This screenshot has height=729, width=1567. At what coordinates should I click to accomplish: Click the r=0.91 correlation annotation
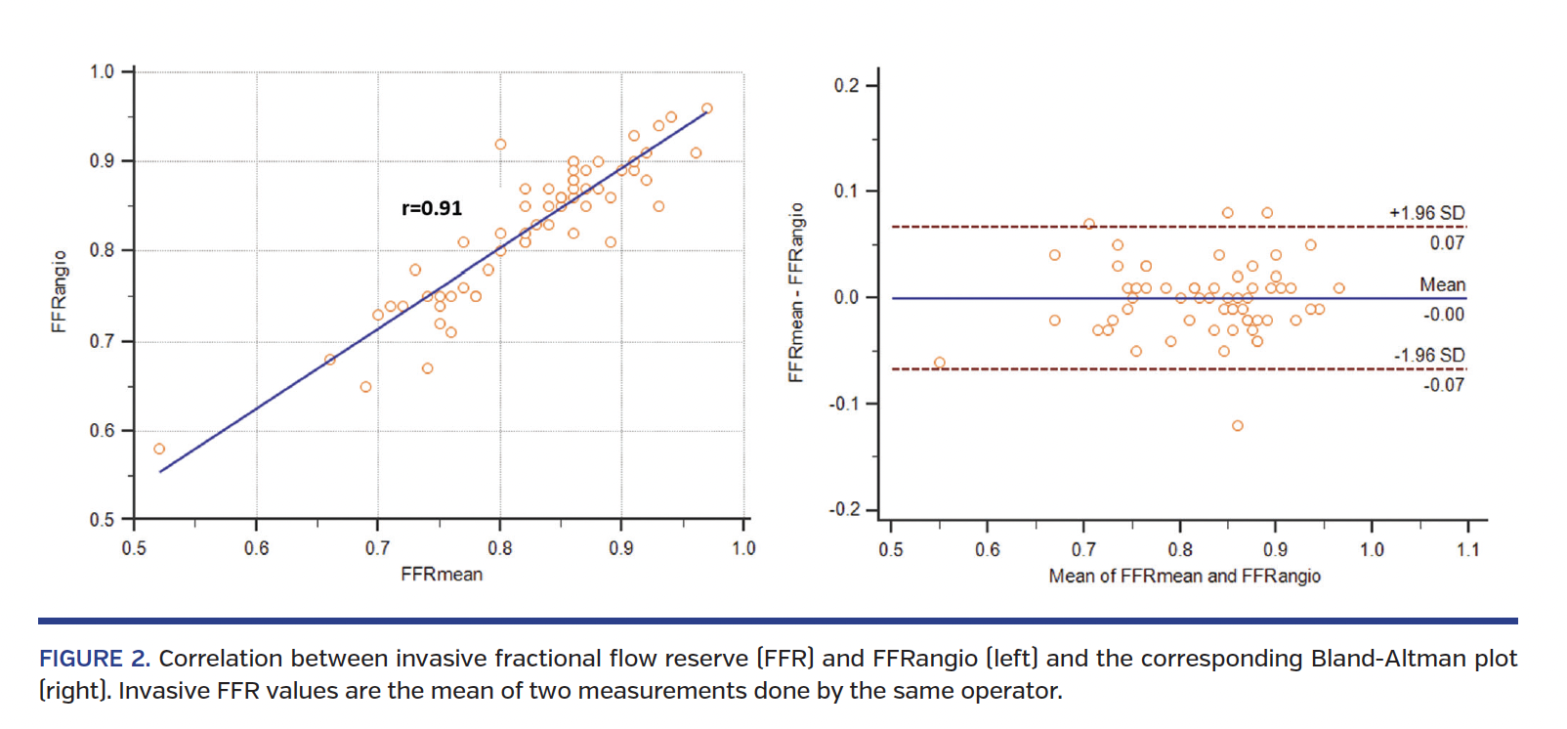pyautogui.click(x=432, y=208)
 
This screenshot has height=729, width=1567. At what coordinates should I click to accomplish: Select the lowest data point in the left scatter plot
pyautogui.click(x=159, y=450)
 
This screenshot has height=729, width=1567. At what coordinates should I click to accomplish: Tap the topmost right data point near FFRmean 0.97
pyautogui.click(x=707, y=108)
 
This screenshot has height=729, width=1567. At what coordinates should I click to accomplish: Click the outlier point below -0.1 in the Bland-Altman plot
pyautogui.click(x=1238, y=426)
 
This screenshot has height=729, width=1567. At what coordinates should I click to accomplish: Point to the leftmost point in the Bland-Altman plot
pyautogui.click(x=940, y=363)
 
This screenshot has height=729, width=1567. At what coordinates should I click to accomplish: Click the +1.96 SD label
pyautogui.click(x=1426, y=213)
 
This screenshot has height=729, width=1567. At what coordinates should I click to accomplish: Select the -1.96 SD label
pyautogui.click(x=1428, y=356)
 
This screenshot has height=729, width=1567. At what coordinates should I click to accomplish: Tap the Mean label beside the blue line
pyautogui.click(x=1442, y=284)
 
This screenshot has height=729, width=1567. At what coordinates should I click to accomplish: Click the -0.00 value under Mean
pyautogui.click(x=1443, y=315)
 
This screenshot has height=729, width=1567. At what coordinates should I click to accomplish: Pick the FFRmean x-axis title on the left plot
pyautogui.click(x=442, y=575)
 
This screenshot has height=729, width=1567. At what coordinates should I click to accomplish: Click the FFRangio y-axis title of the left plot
pyautogui.click(x=60, y=291)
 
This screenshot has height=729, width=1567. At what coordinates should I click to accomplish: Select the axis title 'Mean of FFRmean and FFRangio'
pyautogui.click(x=1184, y=577)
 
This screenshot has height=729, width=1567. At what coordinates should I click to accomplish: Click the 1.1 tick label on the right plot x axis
pyautogui.click(x=1467, y=550)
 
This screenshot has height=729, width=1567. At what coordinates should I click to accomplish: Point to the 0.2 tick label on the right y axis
pyautogui.click(x=846, y=86)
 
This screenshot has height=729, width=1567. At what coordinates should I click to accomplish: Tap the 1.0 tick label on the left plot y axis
pyautogui.click(x=102, y=71)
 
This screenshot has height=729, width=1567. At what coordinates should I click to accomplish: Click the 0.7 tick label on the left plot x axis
pyautogui.click(x=377, y=548)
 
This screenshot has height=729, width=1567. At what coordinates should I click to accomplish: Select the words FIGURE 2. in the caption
pyautogui.click(x=94, y=659)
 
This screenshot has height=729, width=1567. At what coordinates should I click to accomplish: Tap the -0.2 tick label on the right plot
pyautogui.click(x=843, y=510)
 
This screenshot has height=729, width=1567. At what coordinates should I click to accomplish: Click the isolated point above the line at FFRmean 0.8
pyautogui.click(x=500, y=145)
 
